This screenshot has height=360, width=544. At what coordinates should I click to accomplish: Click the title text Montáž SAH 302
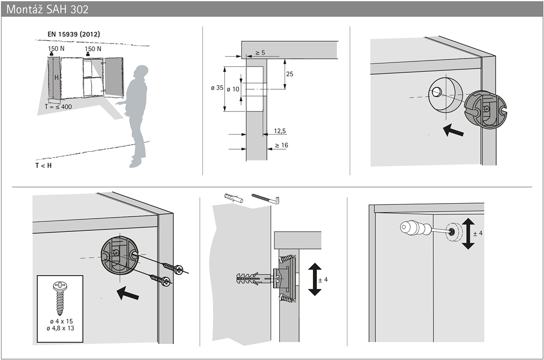click(x=48, y=9)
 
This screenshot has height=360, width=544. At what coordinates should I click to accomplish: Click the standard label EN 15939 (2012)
click(x=73, y=34)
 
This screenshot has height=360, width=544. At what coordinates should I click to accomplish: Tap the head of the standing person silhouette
click(x=142, y=73)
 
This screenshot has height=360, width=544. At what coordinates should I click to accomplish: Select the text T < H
click(x=44, y=165)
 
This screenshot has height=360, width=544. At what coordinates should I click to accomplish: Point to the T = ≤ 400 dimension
click(x=58, y=106)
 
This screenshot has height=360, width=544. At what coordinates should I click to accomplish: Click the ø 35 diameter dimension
click(x=217, y=88)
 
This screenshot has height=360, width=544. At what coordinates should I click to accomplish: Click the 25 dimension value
click(x=290, y=73)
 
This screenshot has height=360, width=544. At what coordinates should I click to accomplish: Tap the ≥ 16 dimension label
click(x=281, y=145)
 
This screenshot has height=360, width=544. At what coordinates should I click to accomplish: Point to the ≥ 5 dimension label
click(x=260, y=53)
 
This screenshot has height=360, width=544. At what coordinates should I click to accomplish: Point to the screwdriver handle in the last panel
click(x=412, y=228)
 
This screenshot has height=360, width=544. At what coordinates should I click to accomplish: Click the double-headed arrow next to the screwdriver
click(x=468, y=233)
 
